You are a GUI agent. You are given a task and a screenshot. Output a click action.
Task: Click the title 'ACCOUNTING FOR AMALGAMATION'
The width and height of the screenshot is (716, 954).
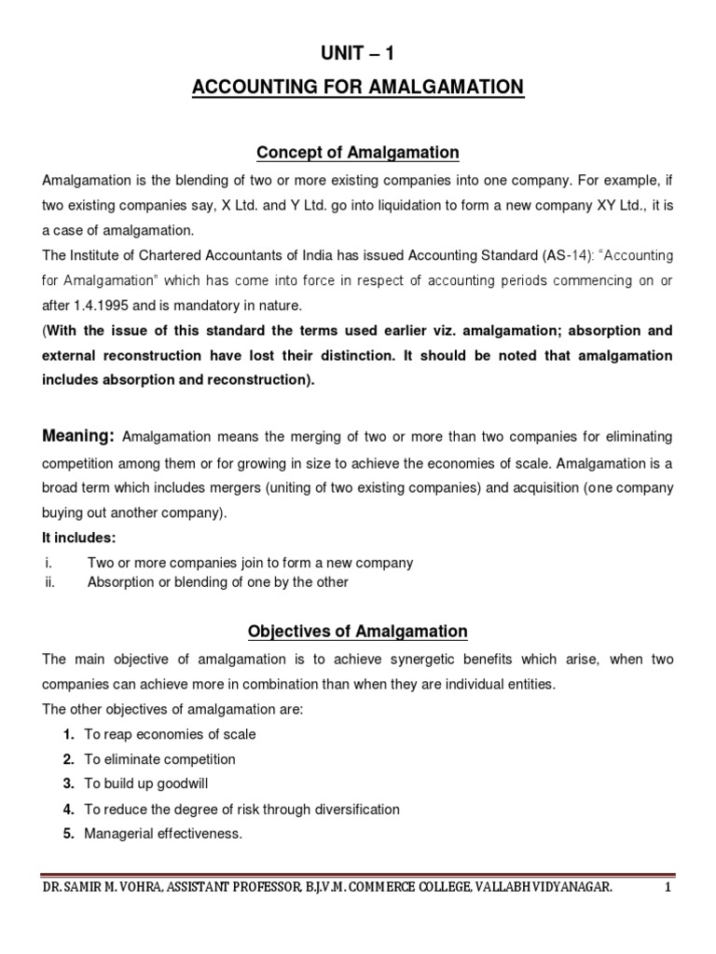coord(358,89)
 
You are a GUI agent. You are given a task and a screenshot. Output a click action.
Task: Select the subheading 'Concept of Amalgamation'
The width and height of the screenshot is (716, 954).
coord(358,152)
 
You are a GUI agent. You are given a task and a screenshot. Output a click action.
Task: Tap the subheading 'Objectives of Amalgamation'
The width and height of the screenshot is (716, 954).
coord(358,632)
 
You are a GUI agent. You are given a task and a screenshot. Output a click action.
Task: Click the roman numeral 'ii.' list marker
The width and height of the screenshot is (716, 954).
coord(50,582)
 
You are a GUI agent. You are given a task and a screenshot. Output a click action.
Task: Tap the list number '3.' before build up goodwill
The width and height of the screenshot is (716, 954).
coord(69,784)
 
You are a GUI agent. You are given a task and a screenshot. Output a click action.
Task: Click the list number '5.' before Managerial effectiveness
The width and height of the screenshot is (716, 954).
coord(69,834)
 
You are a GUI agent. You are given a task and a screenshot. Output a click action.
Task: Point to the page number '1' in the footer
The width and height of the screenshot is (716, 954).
coord(668,890)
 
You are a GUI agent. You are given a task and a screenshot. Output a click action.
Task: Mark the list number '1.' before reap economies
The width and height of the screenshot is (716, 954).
coord(69,734)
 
